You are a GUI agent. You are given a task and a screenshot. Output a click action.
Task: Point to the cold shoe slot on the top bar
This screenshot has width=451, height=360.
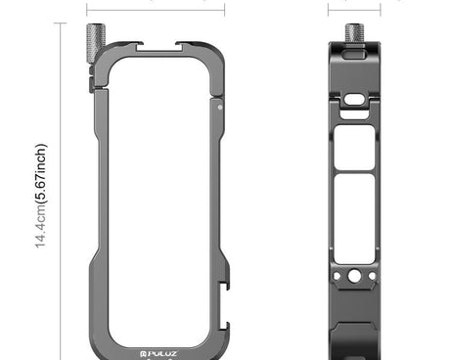(162, 47)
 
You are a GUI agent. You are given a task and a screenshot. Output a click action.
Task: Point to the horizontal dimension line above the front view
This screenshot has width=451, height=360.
(162, 2)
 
